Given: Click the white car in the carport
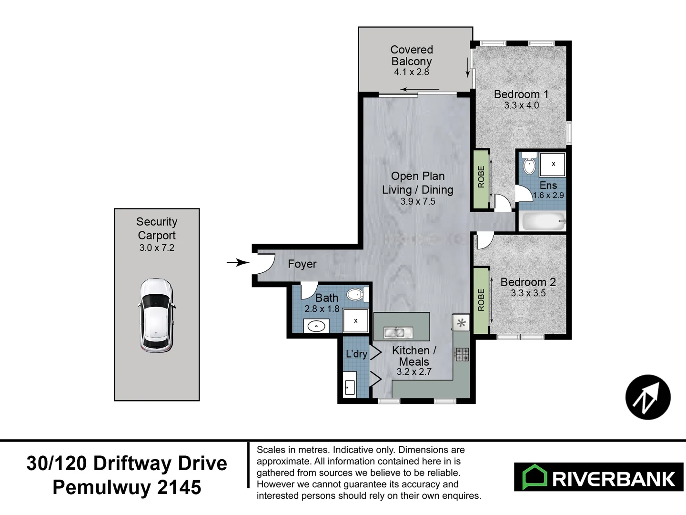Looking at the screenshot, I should pyautogui.click(x=156, y=315).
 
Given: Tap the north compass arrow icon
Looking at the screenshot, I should pyautogui.click(x=648, y=397).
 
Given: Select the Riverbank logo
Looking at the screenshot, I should pyautogui.click(x=599, y=477).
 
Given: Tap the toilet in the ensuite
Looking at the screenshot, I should pyautogui.click(x=529, y=164).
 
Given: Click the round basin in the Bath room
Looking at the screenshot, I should pyautogui.click(x=316, y=327).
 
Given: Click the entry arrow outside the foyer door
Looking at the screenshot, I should pyautogui.click(x=237, y=262).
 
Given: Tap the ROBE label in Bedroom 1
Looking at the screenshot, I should pyautogui.click(x=481, y=177).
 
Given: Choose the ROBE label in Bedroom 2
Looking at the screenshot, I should pyautogui.click(x=481, y=300).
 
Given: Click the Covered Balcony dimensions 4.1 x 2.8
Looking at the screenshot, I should pyautogui.click(x=412, y=72).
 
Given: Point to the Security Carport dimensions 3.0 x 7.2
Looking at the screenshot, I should pyautogui.click(x=157, y=248).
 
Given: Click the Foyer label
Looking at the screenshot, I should pyautogui.click(x=302, y=264).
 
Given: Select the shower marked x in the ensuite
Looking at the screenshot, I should pyautogui.click(x=553, y=164).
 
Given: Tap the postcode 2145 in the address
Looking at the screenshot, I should pyautogui.click(x=179, y=487).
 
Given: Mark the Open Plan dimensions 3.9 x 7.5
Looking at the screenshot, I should pyautogui.click(x=418, y=201).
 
